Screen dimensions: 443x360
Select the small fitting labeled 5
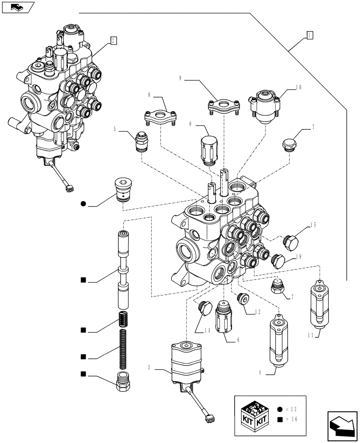coord(141,142)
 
